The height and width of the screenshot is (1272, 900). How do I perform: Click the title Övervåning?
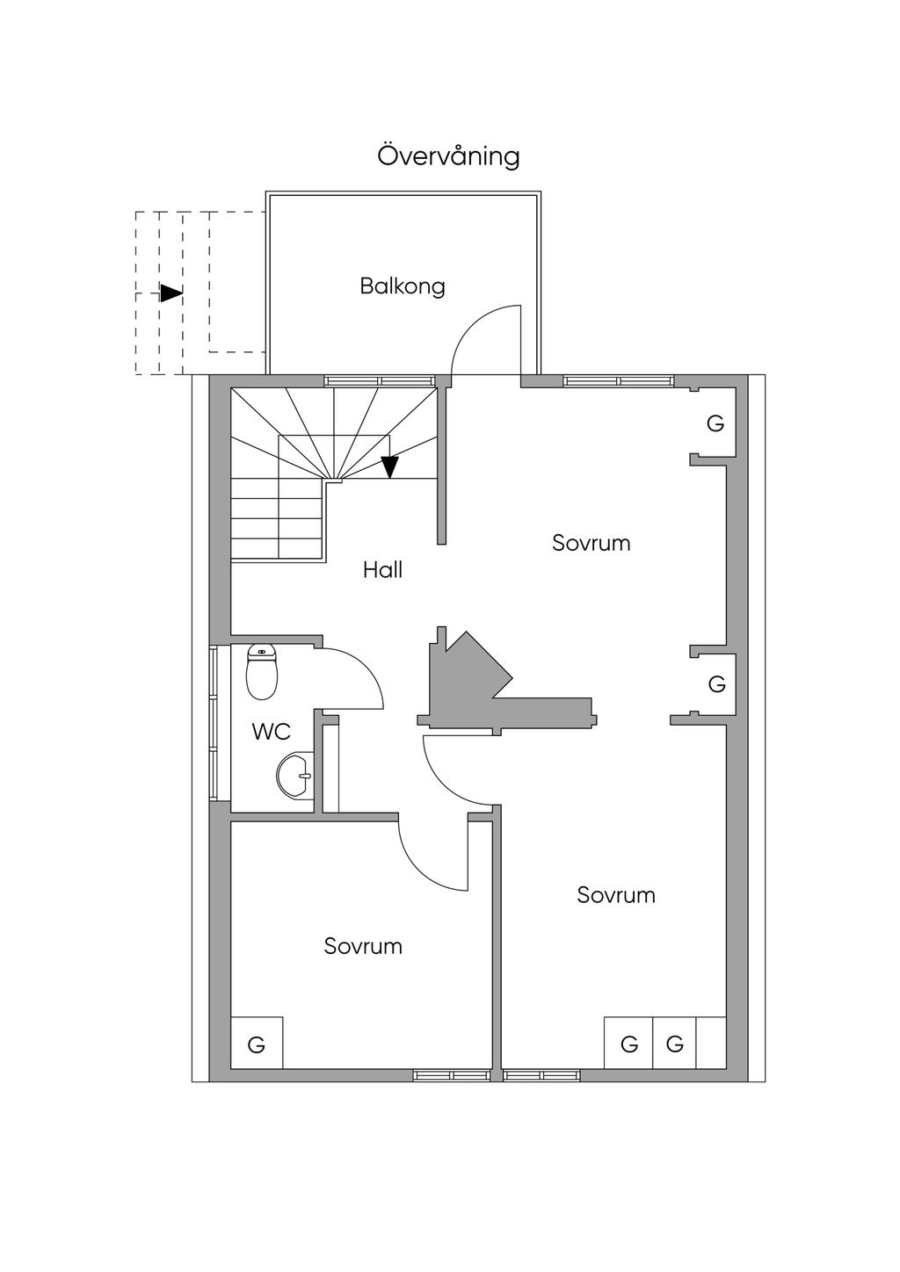point(448,156)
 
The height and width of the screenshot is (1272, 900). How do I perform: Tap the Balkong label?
point(403,286)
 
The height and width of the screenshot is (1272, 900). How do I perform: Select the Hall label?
point(382,569)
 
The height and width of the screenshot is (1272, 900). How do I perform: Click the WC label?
point(271,732)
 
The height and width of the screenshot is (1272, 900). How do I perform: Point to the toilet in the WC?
point(262,671)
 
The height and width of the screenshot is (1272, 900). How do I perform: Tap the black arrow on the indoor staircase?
point(389,466)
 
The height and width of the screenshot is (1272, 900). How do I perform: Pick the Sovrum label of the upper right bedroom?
point(591,543)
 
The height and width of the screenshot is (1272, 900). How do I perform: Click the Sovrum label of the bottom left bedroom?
point(363,946)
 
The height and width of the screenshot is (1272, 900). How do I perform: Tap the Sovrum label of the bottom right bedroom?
point(616,895)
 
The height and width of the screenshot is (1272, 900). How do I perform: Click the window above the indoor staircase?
point(380,381)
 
